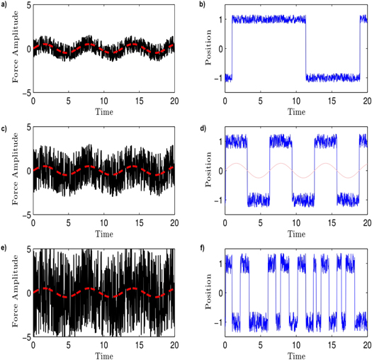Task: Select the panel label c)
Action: tap(5, 128)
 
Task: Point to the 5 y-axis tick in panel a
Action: tap(27, 6)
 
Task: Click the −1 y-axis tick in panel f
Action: tap(217, 323)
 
